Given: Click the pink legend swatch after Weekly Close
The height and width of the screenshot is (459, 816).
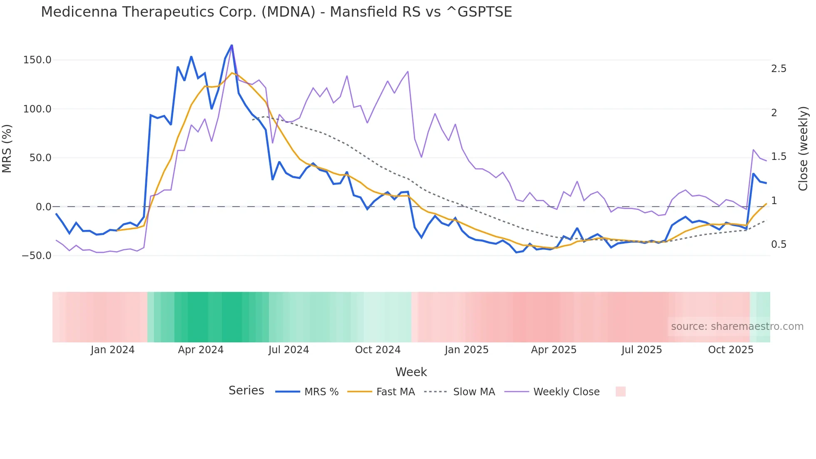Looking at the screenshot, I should click(620, 392).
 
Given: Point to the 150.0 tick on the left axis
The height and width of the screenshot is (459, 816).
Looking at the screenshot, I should click(37, 60).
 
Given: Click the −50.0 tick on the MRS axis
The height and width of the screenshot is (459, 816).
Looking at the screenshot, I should click(36, 256).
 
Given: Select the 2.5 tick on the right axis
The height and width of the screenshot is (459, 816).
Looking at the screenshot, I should click(779, 69).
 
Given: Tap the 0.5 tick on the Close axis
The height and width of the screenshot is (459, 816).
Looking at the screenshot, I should click(779, 244).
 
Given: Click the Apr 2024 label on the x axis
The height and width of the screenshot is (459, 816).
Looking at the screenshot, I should click(201, 350).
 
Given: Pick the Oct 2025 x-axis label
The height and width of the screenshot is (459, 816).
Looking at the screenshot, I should click(731, 350).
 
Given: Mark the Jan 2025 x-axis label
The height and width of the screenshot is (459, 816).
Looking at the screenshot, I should click(466, 350).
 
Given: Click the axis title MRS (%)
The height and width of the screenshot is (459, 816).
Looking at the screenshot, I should click(7, 148).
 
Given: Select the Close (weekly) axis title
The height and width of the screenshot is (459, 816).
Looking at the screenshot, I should click(803, 148).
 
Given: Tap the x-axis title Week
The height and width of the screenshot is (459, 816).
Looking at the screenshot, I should click(411, 372).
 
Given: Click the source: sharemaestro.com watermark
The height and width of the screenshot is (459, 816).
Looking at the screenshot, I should click(737, 327).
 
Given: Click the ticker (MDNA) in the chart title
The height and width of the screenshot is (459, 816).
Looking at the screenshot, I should click(288, 12).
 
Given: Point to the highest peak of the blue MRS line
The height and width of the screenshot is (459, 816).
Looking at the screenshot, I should click(231, 45).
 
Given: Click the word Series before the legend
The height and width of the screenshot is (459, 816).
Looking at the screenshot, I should click(246, 391).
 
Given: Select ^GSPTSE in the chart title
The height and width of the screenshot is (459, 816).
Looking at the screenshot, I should click(479, 12).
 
